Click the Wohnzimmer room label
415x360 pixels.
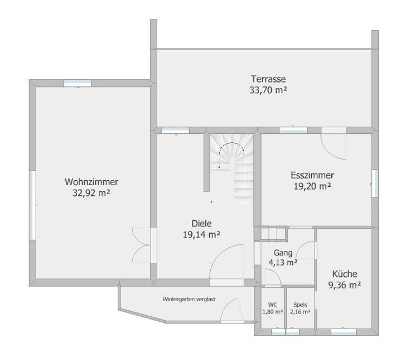(91, 182)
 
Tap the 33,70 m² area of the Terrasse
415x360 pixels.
(268, 90)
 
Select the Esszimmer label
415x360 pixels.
(312, 175)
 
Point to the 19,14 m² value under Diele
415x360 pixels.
(202, 234)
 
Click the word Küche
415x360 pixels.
(345, 274)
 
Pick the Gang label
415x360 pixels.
(283, 253)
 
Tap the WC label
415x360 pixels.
(272, 305)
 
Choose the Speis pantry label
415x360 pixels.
(300, 305)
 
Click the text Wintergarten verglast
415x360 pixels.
(189, 299)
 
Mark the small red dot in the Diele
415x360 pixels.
(211, 202)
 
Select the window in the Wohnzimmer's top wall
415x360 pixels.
(78, 83)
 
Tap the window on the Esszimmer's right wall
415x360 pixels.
(375, 183)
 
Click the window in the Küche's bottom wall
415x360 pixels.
(344, 332)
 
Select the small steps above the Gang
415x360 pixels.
(274, 233)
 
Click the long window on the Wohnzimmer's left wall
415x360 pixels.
(32, 206)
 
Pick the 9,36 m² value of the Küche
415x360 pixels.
(345, 285)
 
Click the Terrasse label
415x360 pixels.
(269, 79)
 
